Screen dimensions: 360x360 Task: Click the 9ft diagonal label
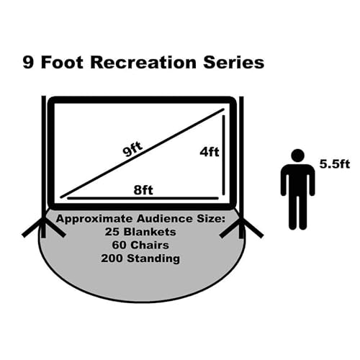(132, 149)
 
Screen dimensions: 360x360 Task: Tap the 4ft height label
(210, 152)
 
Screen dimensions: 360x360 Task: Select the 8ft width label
(143, 190)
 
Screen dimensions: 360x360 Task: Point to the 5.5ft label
(335, 164)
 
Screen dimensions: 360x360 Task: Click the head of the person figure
(298, 156)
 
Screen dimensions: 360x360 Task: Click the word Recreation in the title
(143, 63)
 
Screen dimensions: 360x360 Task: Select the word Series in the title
(234, 63)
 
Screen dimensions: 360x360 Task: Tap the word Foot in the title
(63, 63)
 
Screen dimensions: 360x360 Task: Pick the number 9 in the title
(28, 63)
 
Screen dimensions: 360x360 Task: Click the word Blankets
(150, 232)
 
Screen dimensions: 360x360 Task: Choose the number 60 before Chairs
(120, 245)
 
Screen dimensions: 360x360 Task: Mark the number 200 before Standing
(112, 258)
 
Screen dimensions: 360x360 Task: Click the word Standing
(153, 259)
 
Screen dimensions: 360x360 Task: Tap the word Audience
(165, 219)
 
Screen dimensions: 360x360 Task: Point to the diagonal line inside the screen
(143, 153)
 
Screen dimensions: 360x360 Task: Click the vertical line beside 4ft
(223, 155)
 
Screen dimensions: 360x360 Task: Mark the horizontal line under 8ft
(143, 198)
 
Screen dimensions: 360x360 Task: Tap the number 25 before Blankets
(112, 232)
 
